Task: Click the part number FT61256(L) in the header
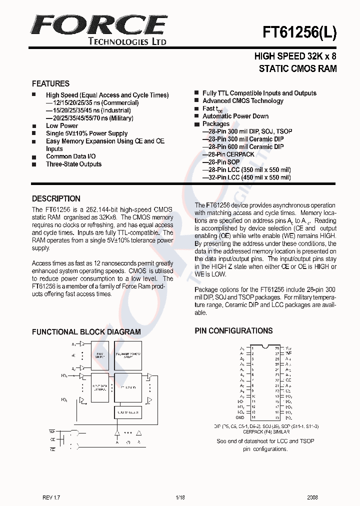pyautogui.click(x=299, y=33)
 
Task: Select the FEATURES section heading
pyautogui.click(x=50, y=83)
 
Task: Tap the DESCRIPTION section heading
pyautogui.click(x=56, y=198)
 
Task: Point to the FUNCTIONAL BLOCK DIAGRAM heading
pyautogui.click(x=86, y=331)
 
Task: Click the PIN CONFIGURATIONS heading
pyautogui.click(x=233, y=330)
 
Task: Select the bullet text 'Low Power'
pyautogui.click(x=62, y=126)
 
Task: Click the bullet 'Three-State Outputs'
pyautogui.click(x=73, y=164)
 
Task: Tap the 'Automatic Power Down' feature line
pyautogui.click(x=235, y=116)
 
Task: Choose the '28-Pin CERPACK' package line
pyautogui.click(x=228, y=154)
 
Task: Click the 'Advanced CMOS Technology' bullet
pyautogui.click(x=242, y=100)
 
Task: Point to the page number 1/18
pyautogui.click(x=180, y=497)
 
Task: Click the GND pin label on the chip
pyautogui.click(x=240, y=417)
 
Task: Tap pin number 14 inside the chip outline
pyautogui.click(x=254, y=417)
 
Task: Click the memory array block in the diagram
pyautogui.click(x=127, y=355)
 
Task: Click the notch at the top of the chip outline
pyautogui.click(x=265, y=345)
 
